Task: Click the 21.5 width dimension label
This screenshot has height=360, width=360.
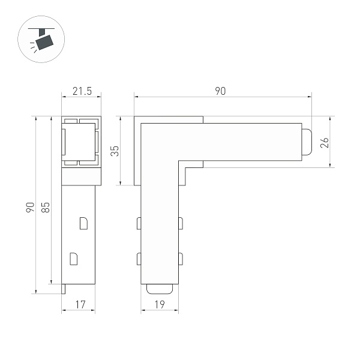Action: coord(82,91)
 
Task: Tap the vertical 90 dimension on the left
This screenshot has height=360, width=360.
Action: coord(29,208)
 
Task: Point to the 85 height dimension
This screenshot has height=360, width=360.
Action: coord(45,208)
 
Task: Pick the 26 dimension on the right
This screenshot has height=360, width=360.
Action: coord(325,142)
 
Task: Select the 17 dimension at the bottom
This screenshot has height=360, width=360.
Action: coord(79,305)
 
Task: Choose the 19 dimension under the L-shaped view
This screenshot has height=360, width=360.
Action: coord(160,305)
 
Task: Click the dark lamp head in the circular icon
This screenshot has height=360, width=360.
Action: coord(44,41)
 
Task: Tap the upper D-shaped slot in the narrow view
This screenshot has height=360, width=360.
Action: coord(83,223)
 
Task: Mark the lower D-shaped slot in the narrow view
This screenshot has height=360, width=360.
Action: coord(74,259)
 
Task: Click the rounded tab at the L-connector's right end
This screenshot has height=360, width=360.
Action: coord(306,142)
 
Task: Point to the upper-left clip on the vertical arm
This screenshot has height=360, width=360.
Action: coord(139,224)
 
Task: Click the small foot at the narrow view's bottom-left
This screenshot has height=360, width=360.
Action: coord(64,289)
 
